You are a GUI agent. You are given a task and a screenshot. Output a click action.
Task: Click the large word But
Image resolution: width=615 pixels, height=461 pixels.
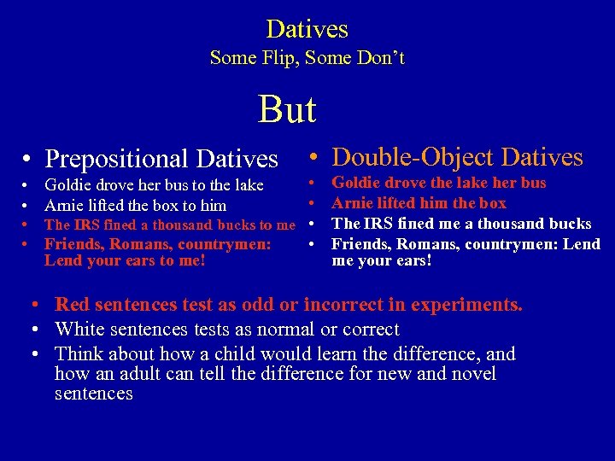click(288, 109)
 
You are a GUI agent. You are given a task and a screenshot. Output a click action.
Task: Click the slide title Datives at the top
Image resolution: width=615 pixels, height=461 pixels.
click(307, 29)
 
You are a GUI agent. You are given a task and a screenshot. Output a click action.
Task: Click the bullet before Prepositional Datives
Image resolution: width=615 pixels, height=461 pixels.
click(28, 160)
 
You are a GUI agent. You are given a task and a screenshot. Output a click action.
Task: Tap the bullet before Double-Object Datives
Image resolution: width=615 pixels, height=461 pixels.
click(315, 158)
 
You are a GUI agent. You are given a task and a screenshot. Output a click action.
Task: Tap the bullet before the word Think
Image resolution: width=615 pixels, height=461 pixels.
click(38, 354)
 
